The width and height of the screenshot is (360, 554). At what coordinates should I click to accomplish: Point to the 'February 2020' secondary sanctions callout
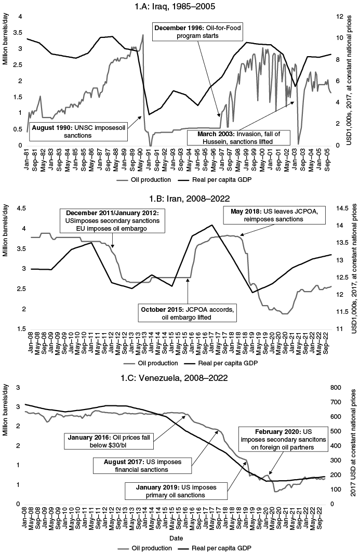click(x=284, y=440)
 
